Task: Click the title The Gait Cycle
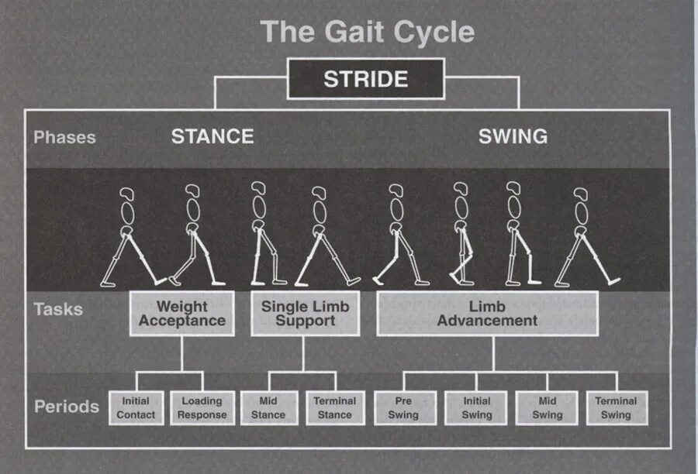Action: (x=366, y=33)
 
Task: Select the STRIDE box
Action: (x=366, y=79)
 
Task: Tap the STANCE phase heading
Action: (x=213, y=136)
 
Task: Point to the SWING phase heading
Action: (x=513, y=136)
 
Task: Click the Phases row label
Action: (x=64, y=137)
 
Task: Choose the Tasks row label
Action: (x=58, y=310)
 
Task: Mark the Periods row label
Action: (x=67, y=407)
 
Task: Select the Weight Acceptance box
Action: (x=181, y=313)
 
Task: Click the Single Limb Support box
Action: (x=305, y=313)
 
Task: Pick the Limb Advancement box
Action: (x=487, y=313)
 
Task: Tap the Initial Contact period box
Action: (x=135, y=408)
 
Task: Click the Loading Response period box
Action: (x=202, y=408)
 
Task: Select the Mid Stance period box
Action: (x=268, y=408)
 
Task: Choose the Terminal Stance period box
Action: (x=335, y=408)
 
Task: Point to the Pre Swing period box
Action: (x=403, y=408)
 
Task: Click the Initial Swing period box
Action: (x=476, y=408)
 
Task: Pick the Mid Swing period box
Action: (x=547, y=408)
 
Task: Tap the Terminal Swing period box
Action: (x=617, y=408)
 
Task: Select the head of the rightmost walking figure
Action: (x=581, y=194)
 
